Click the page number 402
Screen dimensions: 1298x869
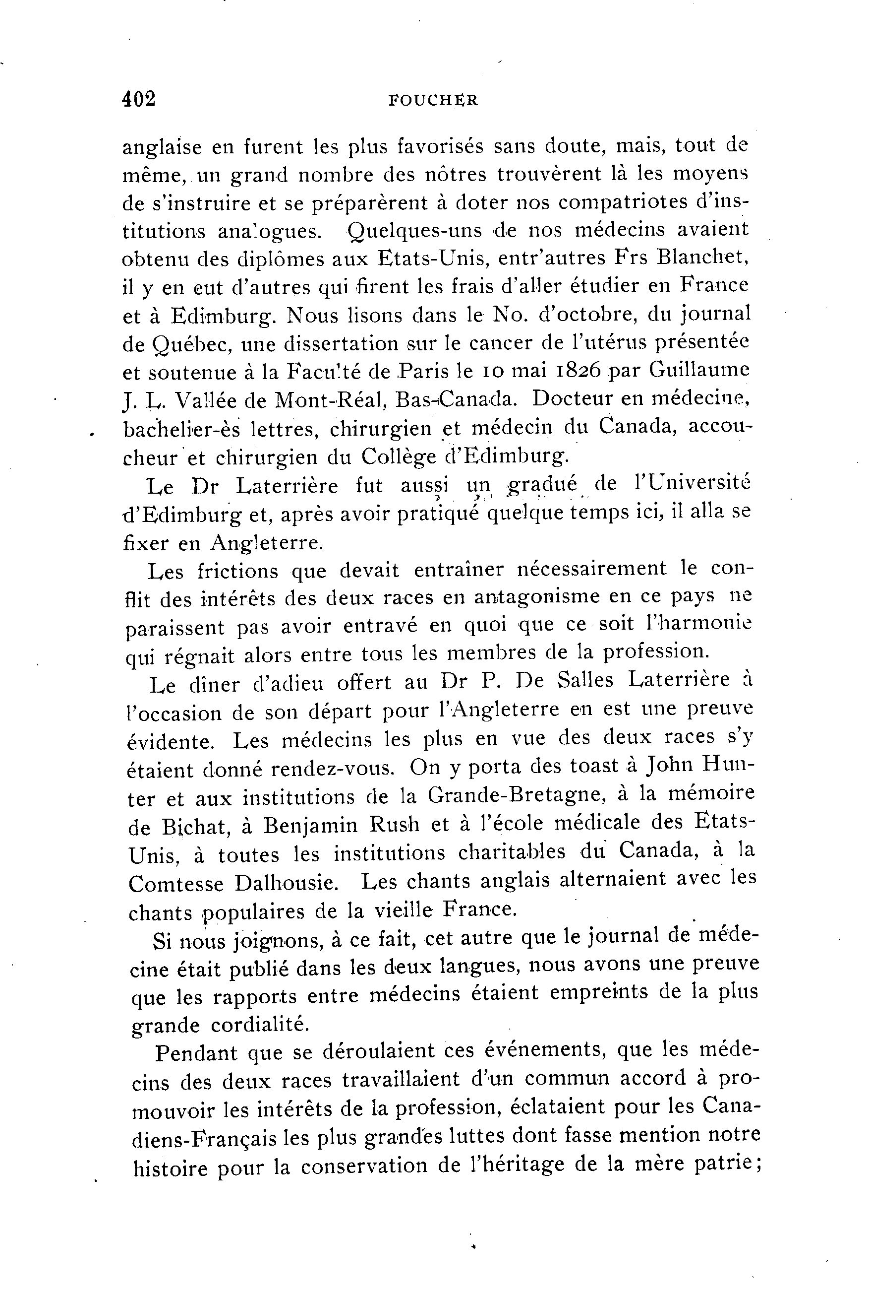click(x=138, y=99)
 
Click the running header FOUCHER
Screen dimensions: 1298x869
click(x=433, y=100)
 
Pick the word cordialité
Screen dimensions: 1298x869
click(x=259, y=1024)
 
